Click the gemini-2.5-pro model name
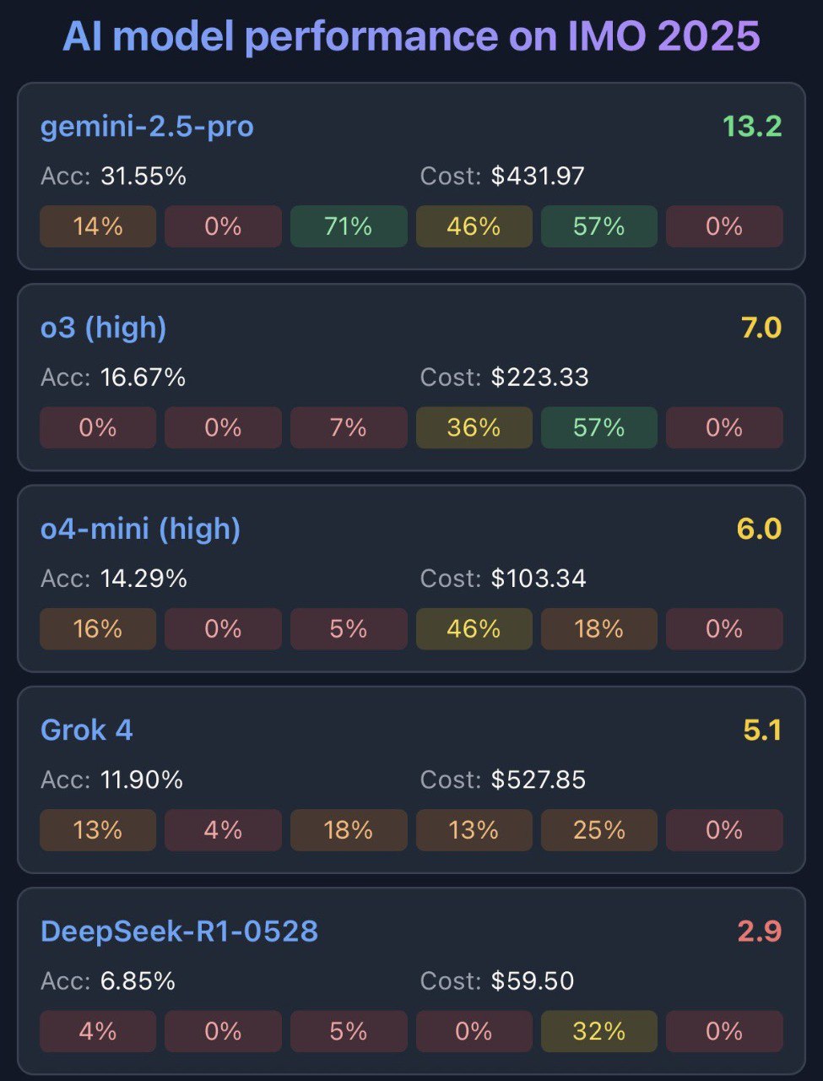pyautogui.click(x=147, y=127)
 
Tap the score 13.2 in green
pyautogui.click(x=751, y=127)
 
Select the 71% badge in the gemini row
pyautogui.click(x=348, y=226)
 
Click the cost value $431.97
pyautogui.click(x=538, y=176)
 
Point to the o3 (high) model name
pyautogui.click(x=103, y=328)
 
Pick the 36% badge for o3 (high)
pyautogui.click(x=474, y=427)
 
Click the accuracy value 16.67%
pyautogui.click(x=143, y=377)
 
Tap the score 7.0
pyautogui.click(x=761, y=328)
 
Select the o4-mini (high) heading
pyautogui.click(x=140, y=529)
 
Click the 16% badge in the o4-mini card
pyautogui.click(x=98, y=629)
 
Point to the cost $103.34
pyautogui.click(x=539, y=579)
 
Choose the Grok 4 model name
pyautogui.click(x=86, y=730)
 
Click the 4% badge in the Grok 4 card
pyautogui.click(x=223, y=830)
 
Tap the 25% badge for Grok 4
pyautogui.click(x=598, y=830)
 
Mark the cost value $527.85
pyautogui.click(x=539, y=780)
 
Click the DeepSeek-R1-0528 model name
pyautogui.click(x=179, y=931)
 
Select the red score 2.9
pyautogui.click(x=759, y=931)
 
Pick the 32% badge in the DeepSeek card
pyautogui.click(x=598, y=1031)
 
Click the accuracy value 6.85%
pyautogui.click(x=138, y=981)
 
